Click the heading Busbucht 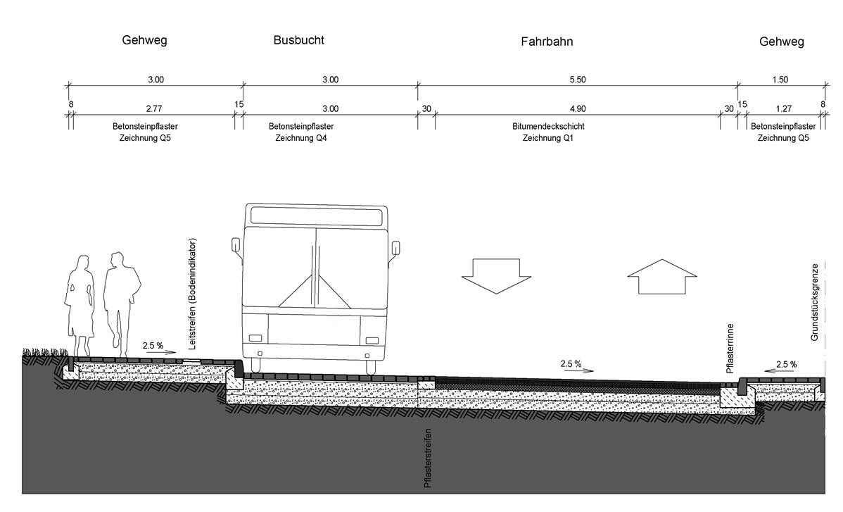pos(299,40)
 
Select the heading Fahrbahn pos(547,42)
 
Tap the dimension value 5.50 pos(577,80)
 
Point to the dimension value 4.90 pos(577,108)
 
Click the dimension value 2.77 pos(153,108)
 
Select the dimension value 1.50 pos(780,80)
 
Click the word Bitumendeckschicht pos(548,127)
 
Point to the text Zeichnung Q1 pos(548,139)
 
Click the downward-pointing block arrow pos(490,275)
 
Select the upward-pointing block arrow pos(657,275)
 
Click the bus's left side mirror pos(236,246)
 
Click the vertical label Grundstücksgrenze pos(814,303)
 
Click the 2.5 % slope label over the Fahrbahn pos(571,364)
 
